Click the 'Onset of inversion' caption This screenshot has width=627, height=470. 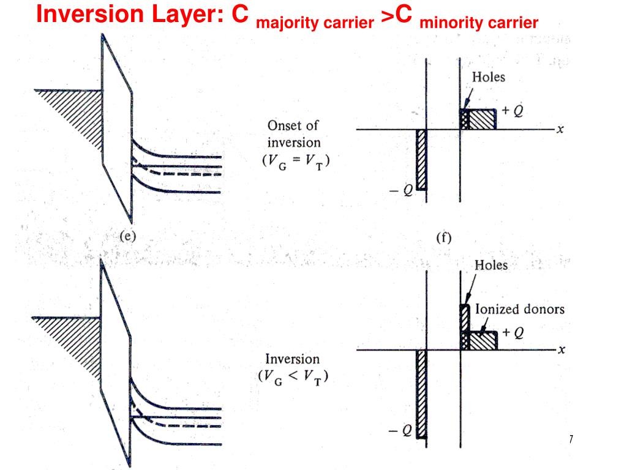294,134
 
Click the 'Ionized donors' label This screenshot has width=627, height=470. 520,309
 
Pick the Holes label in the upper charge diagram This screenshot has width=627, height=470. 488,78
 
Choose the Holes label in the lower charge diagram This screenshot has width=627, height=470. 492,266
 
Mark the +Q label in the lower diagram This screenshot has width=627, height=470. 513,332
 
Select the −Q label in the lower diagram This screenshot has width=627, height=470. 402,431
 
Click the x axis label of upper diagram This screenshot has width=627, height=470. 560,130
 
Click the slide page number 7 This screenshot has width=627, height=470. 571,439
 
